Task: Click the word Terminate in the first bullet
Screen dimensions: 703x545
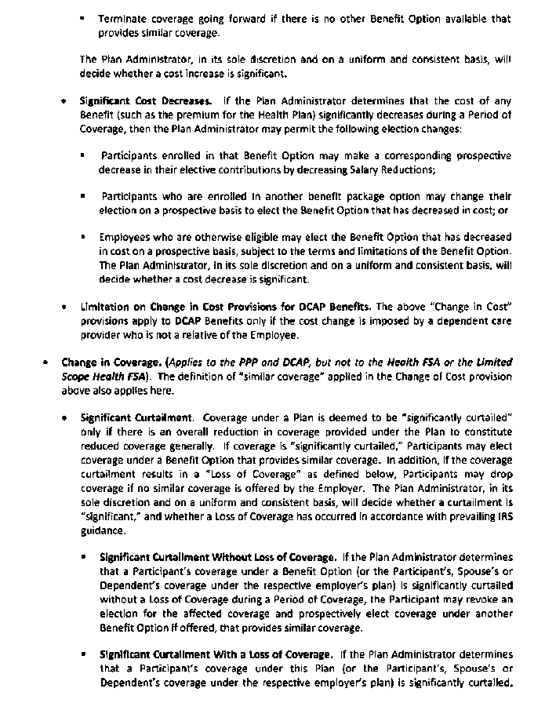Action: point(121,18)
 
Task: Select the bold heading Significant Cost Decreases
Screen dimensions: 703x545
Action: point(145,101)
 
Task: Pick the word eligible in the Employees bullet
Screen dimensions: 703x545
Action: point(231,237)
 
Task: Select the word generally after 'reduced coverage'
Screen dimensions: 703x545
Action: point(194,446)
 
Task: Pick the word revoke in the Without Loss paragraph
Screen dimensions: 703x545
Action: point(480,599)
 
